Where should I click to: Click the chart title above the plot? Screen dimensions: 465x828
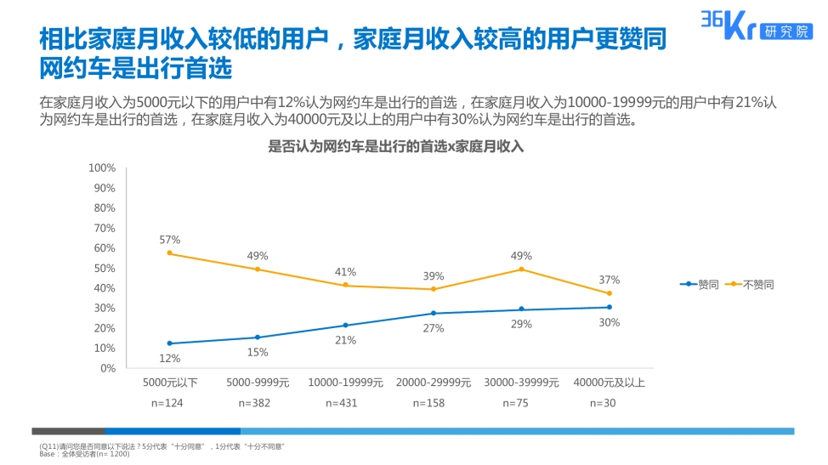click(x=395, y=146)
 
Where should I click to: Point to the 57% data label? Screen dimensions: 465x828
click(x=170, y=240)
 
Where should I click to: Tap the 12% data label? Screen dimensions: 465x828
click(x=170, y=358)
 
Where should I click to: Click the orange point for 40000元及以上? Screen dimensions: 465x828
click(x=609, y=293)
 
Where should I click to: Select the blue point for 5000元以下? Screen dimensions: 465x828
click(x=170, y=343)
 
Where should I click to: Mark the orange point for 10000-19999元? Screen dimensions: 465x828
click(x=345, y=285)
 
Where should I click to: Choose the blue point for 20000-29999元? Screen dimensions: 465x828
click(x=434, y=314)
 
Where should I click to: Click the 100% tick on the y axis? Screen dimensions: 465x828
click(x=102, y=168)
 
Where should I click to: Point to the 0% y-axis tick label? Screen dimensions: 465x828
click(x=107, y=368)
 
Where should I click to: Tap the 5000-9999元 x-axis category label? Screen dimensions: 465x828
click(x=258, y=383)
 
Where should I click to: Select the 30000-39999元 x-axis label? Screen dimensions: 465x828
click(x=521, y=383)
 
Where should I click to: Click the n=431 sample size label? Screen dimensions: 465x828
click(x=345, y=403)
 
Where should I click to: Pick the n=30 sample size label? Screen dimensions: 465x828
click(x=609, y=403)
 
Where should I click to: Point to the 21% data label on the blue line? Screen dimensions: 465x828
click(x=345, y=340)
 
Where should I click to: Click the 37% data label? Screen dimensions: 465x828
click(x=609, y=280)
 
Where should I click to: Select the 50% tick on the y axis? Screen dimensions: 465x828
click(x=105, y=269)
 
